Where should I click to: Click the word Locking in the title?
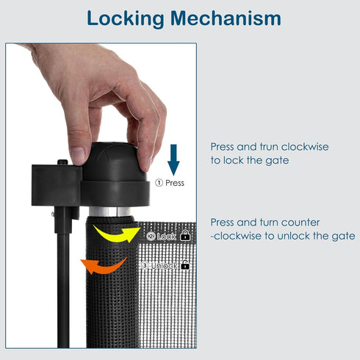126,18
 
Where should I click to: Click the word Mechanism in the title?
226,18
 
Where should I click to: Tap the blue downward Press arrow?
173,159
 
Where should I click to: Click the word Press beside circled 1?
175,183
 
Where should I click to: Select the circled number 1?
159,183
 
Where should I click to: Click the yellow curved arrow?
117,234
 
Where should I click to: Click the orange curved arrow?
104,265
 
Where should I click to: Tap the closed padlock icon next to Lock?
185,235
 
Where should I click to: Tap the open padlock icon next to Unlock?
185,264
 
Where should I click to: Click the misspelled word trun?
269,147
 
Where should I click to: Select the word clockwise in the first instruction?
305,147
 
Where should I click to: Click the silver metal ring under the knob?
109,212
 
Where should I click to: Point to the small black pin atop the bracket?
62,162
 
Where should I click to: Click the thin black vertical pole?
63,290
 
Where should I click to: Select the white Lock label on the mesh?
166,237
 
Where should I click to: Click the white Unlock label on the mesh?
164,265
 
